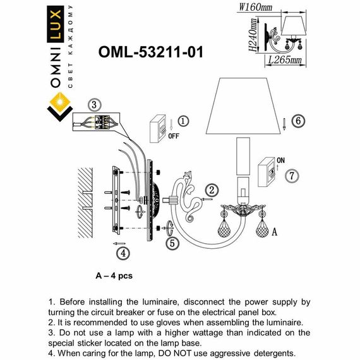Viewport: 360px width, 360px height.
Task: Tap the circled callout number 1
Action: click(183, 121)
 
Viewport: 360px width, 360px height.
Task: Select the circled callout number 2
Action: click(212, 188)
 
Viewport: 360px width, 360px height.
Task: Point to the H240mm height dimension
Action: click(251, 37)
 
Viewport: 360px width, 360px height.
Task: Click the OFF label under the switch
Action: click(174, 135)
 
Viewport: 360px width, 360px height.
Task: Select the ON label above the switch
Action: click(281, 160)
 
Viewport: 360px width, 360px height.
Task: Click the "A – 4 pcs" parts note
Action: click(114, 275)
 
